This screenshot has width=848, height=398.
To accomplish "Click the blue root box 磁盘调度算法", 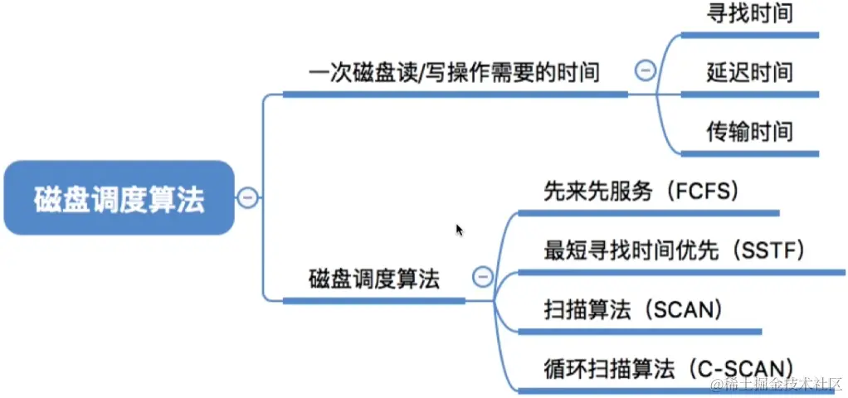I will (119, 197).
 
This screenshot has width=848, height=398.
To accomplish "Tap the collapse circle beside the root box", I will (247, 197).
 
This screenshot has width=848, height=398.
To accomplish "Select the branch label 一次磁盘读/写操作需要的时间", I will (453, 73).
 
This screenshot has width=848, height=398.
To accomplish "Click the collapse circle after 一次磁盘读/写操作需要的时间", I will (645, 71).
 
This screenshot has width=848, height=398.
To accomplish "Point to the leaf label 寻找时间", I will (749, 13).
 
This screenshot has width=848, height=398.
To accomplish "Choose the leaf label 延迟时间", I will (749, 72).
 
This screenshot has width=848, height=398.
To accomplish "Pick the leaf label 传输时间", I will (749, 131).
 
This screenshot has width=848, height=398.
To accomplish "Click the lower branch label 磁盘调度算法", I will (373, 279).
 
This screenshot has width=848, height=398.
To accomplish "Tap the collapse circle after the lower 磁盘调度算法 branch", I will (481, 278).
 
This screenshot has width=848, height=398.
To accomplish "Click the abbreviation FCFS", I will (704, 192).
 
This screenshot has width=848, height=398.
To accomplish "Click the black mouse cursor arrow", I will (459, 230).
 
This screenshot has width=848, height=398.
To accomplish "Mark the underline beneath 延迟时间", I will (749, 95).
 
